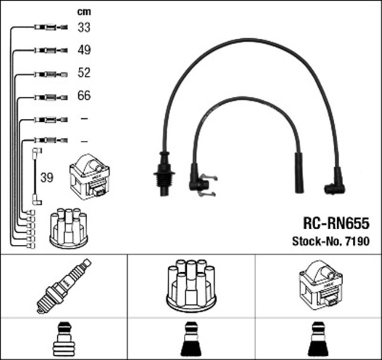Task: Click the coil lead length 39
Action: pos(47,178)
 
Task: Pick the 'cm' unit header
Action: pos(83,11)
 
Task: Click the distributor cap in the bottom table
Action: pos(190,285)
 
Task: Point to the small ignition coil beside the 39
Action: pos(90,177)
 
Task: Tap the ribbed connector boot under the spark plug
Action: pos(63,340)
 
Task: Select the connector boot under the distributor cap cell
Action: pos(190,340)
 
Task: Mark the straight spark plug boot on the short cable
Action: pos(298,173)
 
